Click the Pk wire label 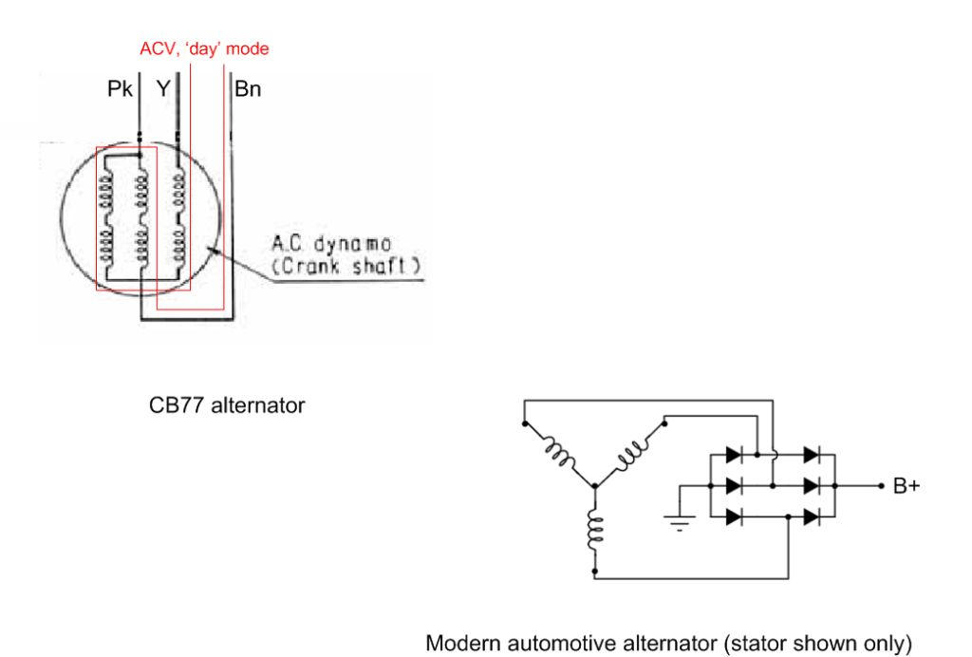pos(121,91)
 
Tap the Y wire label pos(164,91)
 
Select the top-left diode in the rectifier pos(733,455)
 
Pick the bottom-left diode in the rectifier pos(733,516)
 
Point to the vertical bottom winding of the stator pos(594,531)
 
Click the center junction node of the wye pos(594,487)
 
